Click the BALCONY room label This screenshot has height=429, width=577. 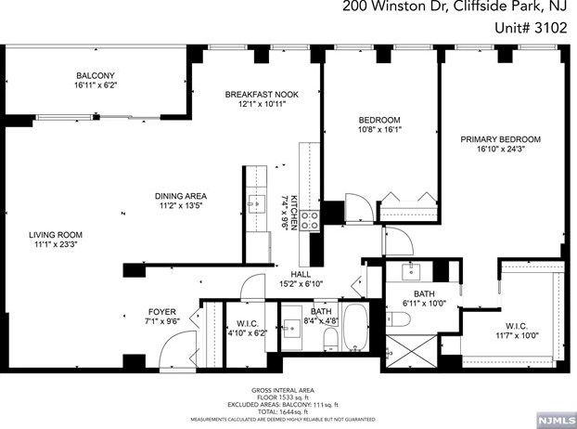(96, 75)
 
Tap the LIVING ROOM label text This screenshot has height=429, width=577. (56, 235)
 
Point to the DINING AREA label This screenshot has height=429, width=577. (180, 196)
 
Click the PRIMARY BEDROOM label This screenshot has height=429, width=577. (500, 139)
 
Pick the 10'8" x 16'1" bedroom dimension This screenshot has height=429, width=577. (379, 131)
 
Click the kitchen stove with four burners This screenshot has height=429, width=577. (310, 220)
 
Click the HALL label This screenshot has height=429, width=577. (300, 273)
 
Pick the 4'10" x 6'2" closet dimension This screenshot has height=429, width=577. (246, 331)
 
